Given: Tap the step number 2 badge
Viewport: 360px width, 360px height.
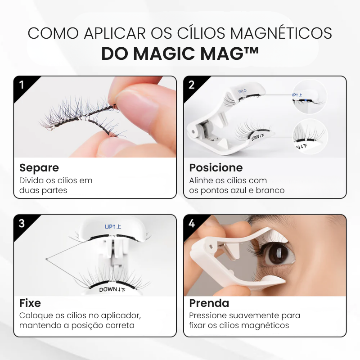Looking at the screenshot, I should tap(191, 84).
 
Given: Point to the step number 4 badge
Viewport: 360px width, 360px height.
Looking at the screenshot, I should tap(191, 223).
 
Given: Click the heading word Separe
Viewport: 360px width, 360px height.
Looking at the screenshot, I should tap(39, 168).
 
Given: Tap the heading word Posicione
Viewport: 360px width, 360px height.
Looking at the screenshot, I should tap(216, 168).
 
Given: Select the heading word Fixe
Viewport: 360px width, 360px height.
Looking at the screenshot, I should tap(30, 302).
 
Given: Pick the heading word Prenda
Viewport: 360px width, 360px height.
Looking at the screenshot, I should tap(209, 302).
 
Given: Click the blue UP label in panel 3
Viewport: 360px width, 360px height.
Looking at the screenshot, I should tap(112, 226).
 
